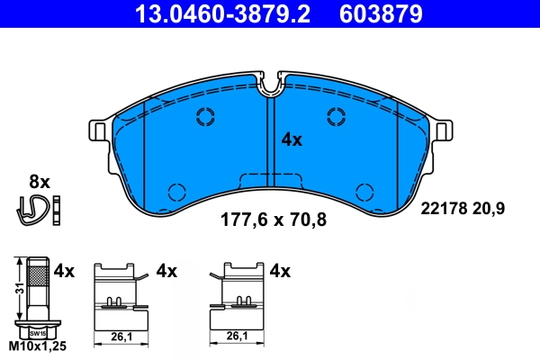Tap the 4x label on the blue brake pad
coord(292,139)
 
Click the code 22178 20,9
coord(463,208)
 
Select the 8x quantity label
coord(40,180)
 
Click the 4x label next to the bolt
coord(63,270)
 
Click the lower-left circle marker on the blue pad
coord(176,192)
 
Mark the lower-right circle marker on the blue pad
coord(364,192)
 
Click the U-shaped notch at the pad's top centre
coord(271,85)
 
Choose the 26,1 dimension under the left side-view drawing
coord(117,337)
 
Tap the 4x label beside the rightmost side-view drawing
coord(280,270)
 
